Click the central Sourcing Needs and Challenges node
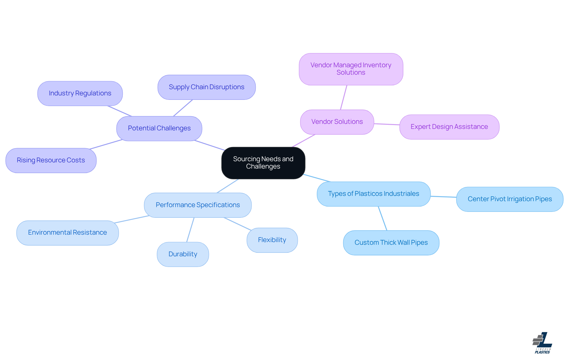[263, 163]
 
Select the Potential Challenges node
[159, 128]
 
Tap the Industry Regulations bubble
[80, 93]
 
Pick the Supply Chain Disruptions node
[207, 87]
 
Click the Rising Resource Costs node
[51, 160]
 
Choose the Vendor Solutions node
[337, 122]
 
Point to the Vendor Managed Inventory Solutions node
[351, 69]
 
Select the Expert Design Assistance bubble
[449, 127]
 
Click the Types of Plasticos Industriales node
[373, 194]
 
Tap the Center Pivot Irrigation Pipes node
[509, 199]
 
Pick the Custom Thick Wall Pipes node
[391, 243]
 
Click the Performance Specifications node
[198, 205]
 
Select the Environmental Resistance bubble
[68, 233]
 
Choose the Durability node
[183, 254]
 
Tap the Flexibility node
[272, 240]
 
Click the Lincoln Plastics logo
[542, 343]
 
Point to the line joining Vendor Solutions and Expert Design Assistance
[387, 124]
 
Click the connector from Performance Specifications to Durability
[190, 230]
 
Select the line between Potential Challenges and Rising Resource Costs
[106, 144]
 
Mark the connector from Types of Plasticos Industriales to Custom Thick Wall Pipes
[383, 218]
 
